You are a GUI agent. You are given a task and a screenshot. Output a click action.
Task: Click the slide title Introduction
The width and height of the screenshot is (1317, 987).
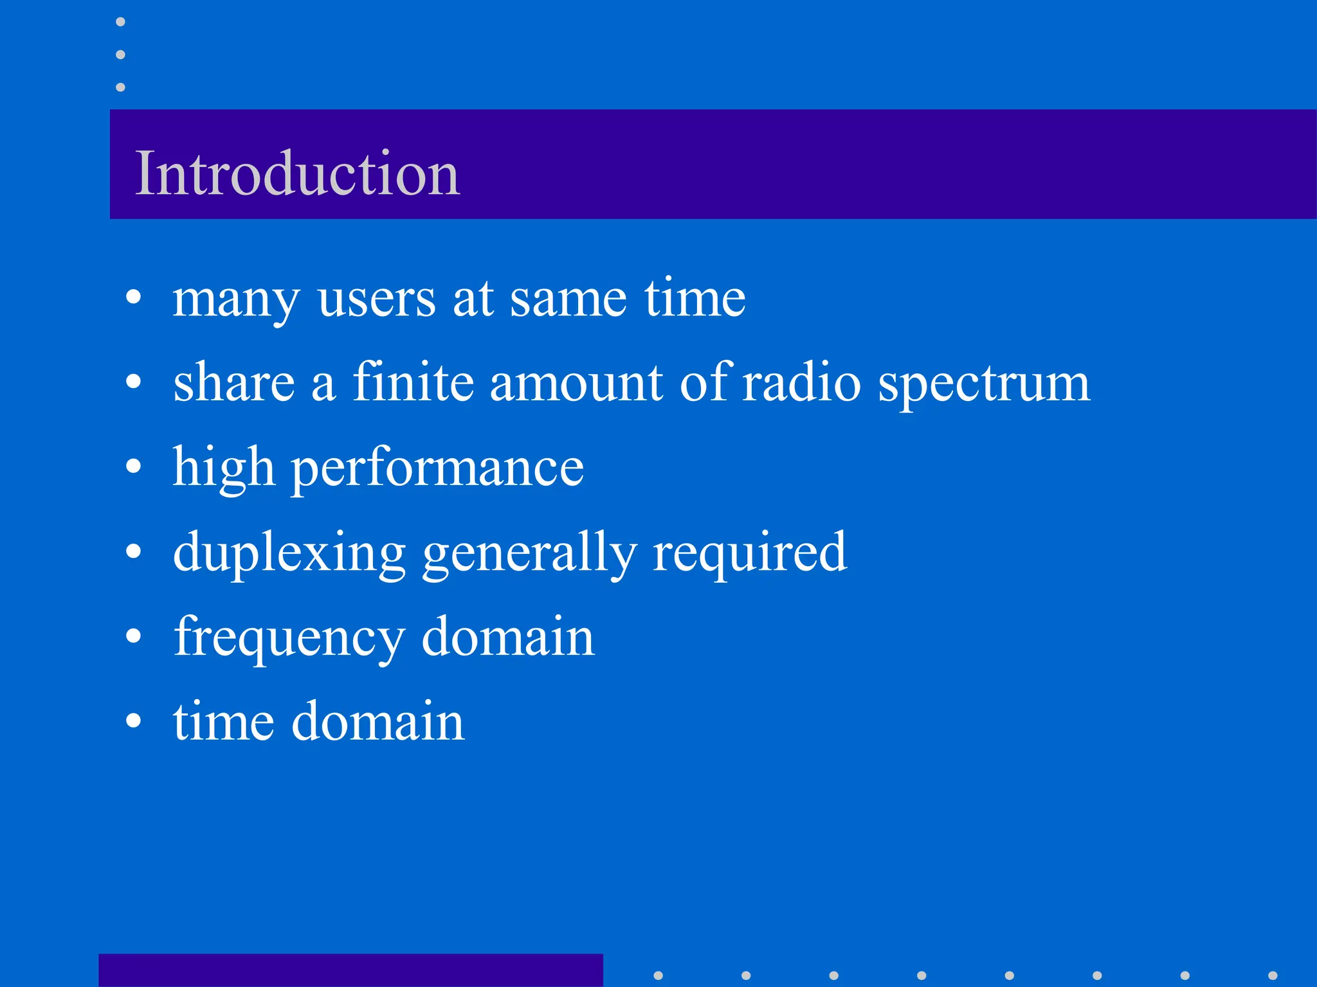click(297, 173)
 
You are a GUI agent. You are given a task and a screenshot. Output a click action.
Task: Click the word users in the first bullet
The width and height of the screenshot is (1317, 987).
click(376, 299)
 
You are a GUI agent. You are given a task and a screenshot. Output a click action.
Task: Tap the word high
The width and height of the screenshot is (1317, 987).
click(224, 468)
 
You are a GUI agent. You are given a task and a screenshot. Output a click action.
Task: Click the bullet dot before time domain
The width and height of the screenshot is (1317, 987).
click(133, 720)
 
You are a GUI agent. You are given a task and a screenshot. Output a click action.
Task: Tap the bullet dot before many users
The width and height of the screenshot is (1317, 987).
click(133, 297)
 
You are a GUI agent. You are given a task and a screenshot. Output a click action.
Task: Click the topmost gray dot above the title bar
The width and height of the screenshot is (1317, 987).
click(120, 22)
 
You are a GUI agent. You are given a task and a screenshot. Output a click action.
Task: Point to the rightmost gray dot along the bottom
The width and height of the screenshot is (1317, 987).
click(1273, 975)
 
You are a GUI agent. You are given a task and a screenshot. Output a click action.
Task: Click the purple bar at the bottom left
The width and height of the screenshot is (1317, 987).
click(350, 970)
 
